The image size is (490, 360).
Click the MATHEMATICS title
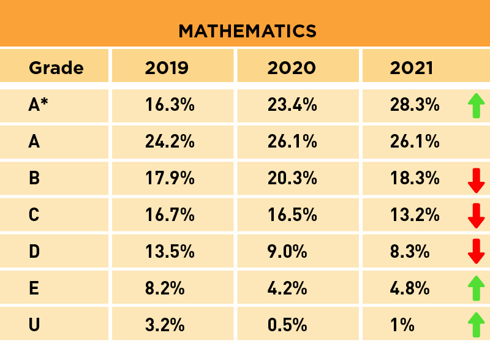(x=247, y=31)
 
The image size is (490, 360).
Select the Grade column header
(x=56, y=67)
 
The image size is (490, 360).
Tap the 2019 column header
(x=166, y=67)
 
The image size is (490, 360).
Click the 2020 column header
(x=292, y=67)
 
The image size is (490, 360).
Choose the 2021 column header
(x=411, y=67)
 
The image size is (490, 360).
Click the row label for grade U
(x=34, y=324)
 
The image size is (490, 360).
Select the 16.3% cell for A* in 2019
(x=170, y=105)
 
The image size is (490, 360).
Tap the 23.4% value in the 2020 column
(x=292, y=105)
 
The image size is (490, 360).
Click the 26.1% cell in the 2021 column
(x=415, y=142)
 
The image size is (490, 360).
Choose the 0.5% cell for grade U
(x=287, y=324)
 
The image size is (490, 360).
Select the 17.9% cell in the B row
(x=170, y=179)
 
